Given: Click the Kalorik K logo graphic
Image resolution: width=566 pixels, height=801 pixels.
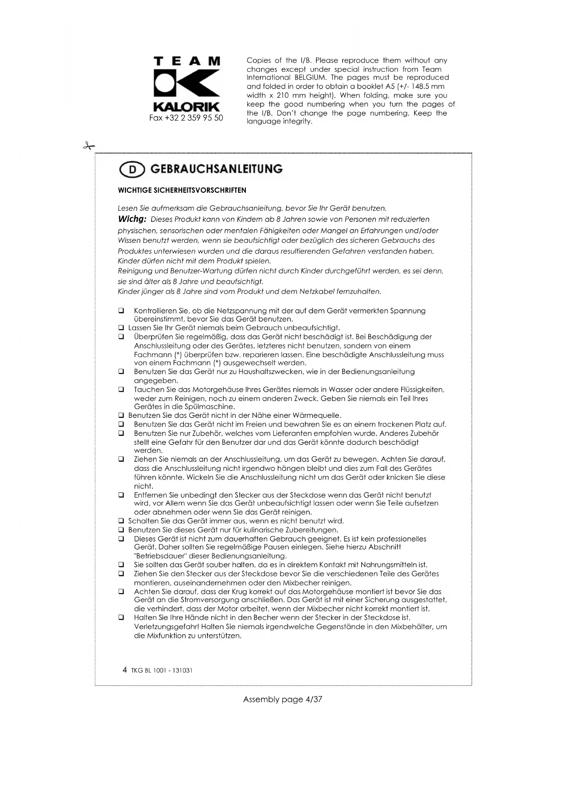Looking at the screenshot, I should (x=187, y=84).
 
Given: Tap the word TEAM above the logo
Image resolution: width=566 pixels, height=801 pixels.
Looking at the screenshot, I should (x=187, y=61).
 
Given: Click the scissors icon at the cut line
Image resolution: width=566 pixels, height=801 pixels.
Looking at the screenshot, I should (x=88, y=146).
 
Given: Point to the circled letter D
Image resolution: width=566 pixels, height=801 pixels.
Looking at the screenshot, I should (x=132, y=170).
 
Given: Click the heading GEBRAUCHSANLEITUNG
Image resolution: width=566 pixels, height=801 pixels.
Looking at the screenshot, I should (x=216, y=169).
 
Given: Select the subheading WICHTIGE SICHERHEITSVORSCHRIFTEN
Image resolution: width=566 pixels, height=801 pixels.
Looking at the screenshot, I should (x=182, y=190).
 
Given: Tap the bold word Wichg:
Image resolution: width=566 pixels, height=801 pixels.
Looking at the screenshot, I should (x=132, y=219).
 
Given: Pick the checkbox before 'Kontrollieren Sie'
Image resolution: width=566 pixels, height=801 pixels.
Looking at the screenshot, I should (x=121, y=311).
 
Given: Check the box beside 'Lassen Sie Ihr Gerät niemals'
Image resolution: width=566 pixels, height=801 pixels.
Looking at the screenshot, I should (x=121, y=328).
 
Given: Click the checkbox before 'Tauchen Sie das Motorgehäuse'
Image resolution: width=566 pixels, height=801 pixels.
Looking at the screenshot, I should (x=121, y=390).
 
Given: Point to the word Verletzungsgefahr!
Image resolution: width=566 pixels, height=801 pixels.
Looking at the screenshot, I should (x=166, y=627).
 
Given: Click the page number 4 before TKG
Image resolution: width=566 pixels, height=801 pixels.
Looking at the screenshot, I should (x=125, y=670).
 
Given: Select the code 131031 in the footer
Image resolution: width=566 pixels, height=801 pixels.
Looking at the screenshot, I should (x=183, y=671).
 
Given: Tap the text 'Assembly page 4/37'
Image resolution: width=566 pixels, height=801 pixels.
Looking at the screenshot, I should (x=282, y=700).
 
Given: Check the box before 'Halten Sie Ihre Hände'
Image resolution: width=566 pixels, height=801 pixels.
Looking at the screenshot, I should (x=121, y=618).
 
